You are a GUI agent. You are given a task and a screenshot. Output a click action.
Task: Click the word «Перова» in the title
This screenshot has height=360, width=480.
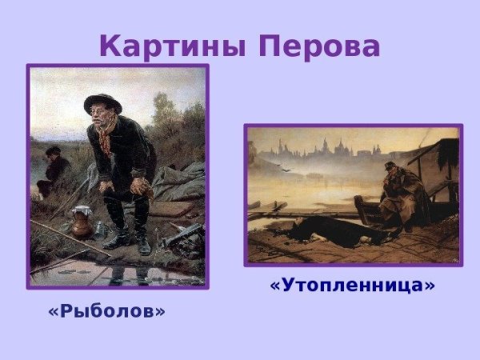pos(318,46)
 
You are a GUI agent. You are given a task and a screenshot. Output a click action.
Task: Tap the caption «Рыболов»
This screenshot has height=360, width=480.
pos(106,310)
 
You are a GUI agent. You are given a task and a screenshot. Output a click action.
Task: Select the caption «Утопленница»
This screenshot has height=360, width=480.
pos(352,285)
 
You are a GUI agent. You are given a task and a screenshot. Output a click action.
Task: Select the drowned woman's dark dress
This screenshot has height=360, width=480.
pos(336,233)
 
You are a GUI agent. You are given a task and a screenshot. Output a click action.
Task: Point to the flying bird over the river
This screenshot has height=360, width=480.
pos(282,169)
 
